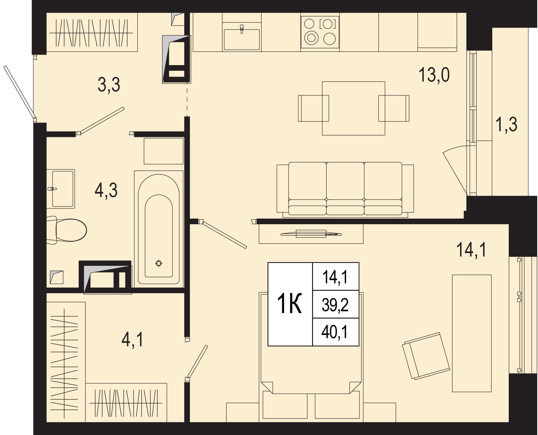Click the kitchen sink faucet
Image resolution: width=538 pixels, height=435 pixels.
pos(242,29)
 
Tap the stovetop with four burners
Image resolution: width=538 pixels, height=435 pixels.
pos(320,32)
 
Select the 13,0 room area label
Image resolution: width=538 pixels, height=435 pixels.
pos(434,75)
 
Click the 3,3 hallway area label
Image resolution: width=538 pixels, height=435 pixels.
pos(109,85)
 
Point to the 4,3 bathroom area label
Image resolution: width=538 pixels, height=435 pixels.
pos(106,190)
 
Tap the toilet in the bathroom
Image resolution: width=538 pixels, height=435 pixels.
pos(67,230)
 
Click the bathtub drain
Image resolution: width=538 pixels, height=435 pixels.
pos(159,263)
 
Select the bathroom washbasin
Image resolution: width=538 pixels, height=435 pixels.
pos(61,189)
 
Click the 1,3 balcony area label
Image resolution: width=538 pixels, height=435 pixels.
pos(506,125)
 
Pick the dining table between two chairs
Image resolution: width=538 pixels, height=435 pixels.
pos(354,108)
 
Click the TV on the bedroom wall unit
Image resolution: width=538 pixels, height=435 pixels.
pos(311,234)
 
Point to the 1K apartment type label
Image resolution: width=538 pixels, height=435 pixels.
pos(290,304)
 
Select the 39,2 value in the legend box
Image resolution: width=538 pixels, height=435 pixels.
pos(335,305)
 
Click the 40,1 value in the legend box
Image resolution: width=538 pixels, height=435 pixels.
pos(335,332)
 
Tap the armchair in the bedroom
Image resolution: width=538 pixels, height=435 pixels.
pos(426,355)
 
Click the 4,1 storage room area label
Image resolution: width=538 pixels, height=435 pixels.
pos(132,340)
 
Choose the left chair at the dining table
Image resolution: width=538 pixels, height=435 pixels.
pos(313,108)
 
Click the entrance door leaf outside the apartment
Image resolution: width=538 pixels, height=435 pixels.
pos(19,92)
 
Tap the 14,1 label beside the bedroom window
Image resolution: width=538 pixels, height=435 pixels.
pos(471,250)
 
